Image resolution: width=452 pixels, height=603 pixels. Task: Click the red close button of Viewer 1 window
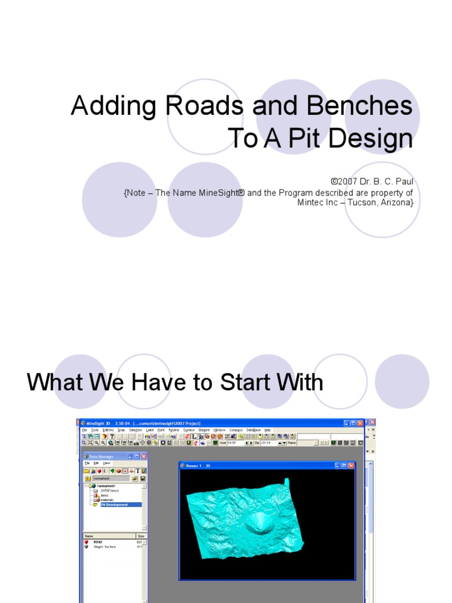pos(351,465)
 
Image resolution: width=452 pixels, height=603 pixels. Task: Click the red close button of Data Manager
pos(143,456)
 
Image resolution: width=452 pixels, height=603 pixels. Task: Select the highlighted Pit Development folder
pos(114,505)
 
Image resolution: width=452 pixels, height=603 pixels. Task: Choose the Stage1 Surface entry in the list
pos(104,547)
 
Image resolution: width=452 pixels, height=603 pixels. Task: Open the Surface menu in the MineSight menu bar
pos(188,430)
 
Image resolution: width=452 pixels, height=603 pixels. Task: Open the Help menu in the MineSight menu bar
pos(267,430)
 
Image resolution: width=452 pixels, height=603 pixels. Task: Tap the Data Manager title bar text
pos(102,456)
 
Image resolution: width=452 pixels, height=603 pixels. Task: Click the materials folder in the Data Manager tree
pos(107,500)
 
